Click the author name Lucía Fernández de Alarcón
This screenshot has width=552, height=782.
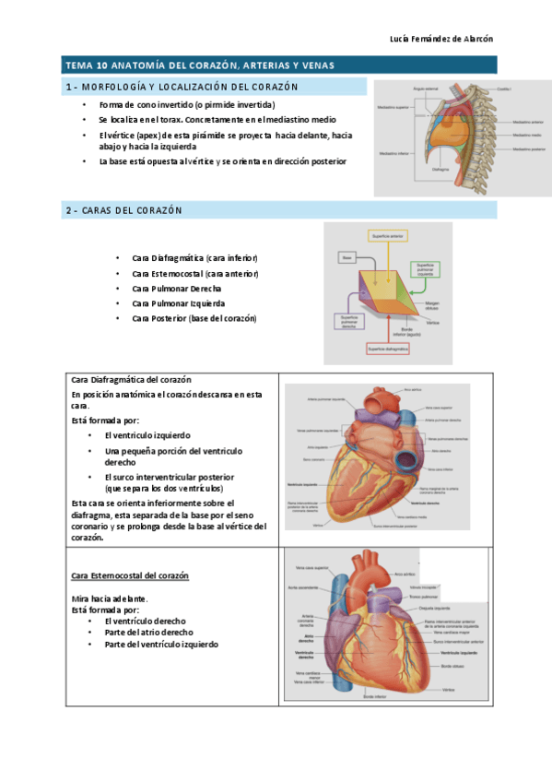coord(443,38)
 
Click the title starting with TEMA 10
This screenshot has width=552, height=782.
coord(199,65)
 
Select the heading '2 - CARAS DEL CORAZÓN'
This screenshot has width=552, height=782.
coord(123,210)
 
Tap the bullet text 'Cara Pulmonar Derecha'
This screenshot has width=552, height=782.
coord(176,289)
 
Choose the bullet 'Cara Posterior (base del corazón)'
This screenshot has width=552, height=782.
coord(194,318)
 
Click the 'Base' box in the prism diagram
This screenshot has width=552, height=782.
coord(347,258)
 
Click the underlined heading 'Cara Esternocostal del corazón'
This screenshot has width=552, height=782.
coord(130,575)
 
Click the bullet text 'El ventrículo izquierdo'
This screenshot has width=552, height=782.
coord(147,434)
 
